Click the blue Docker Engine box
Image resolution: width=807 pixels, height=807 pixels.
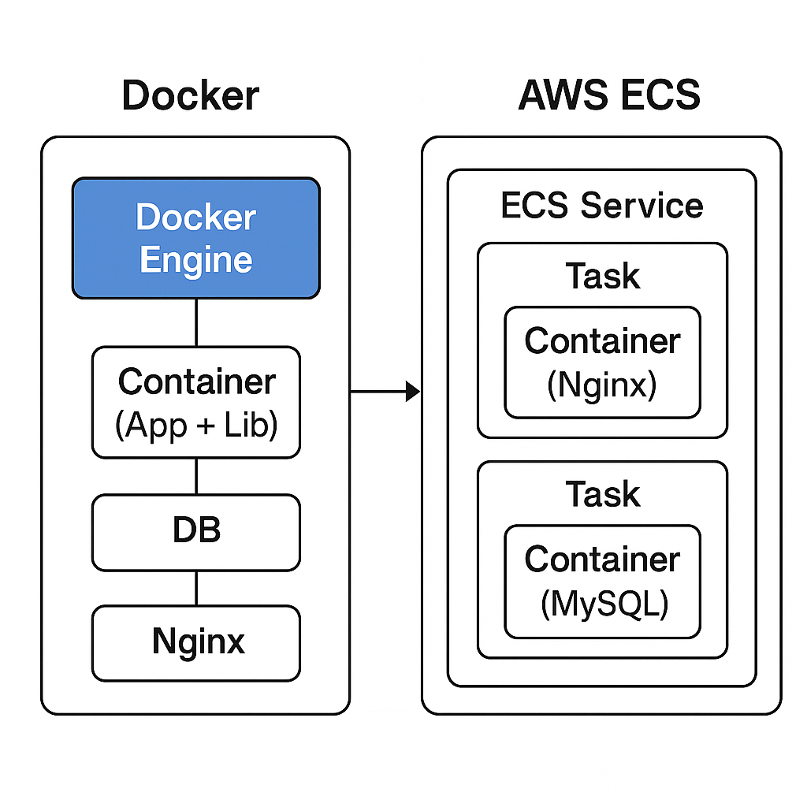point(196,238)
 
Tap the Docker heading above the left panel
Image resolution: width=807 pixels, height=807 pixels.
point(191,96)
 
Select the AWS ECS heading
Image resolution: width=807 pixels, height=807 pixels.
point(609,95)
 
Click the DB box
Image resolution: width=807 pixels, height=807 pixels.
point(196,532)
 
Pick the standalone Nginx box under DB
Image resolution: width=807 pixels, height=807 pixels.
point(196,642)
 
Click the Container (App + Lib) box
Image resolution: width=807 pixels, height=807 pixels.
point(196,402)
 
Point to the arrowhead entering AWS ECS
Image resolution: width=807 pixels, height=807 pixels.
point(413,390)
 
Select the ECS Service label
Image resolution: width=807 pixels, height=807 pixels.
point(602,206)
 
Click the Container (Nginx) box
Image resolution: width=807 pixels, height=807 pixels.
point(603,362)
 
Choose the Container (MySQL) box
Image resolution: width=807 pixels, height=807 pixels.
point(603,581)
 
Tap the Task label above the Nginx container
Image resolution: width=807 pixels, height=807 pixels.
point(603,277)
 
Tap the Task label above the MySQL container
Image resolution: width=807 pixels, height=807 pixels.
point(603,494)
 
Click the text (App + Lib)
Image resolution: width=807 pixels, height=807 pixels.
point(196,426)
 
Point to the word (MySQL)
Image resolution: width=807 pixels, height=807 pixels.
point(604,604)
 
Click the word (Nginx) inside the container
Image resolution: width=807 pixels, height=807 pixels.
point(602,386)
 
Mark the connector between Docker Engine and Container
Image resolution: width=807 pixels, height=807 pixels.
point(196,322)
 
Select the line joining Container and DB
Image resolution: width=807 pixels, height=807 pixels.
point(196,476)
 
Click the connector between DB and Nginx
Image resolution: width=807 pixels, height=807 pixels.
point(196,588)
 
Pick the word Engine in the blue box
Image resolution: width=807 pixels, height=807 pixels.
point(196,260)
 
